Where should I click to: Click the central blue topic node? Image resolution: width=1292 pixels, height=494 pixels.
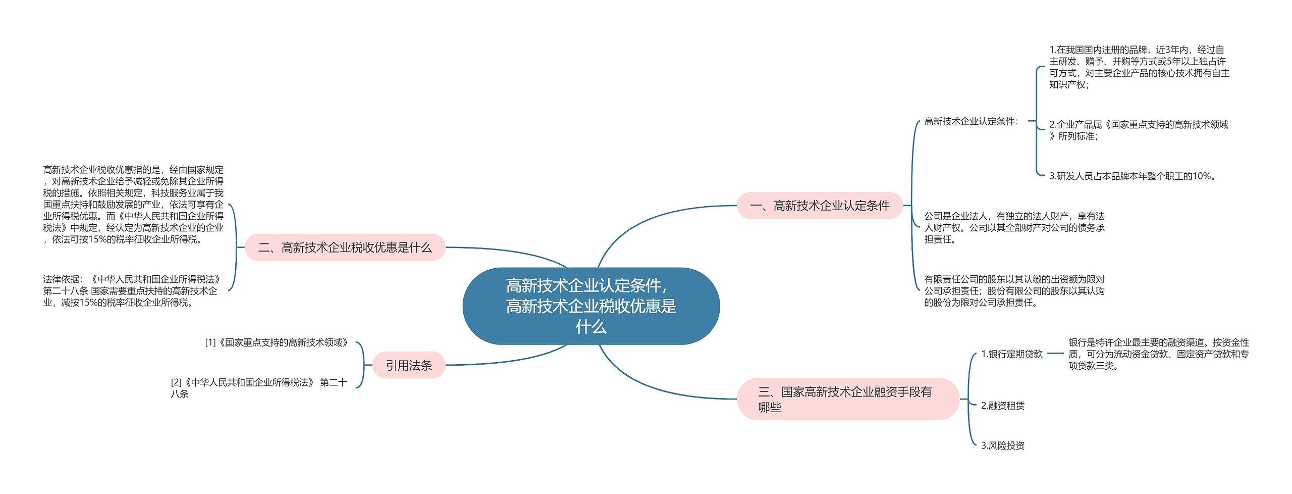point(591,306)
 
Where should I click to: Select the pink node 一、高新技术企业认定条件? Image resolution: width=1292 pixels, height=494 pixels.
point(820,206)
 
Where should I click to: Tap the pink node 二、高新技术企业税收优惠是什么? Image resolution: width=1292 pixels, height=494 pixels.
point(345,248)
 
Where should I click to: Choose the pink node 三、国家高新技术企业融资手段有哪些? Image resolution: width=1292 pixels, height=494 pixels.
point(848,399)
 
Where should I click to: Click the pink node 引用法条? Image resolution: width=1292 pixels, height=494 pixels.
point(409,365)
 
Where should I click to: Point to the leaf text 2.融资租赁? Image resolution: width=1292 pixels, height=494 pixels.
point(1003,406)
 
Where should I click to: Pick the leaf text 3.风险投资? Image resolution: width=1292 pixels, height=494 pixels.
point(1003,446)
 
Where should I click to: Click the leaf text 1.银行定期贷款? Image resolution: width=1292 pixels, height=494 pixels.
point(1012,354)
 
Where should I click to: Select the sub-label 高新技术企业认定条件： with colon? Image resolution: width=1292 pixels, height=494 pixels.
point(972,121)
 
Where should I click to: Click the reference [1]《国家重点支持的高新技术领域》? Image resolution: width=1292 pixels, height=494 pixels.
point(277,342)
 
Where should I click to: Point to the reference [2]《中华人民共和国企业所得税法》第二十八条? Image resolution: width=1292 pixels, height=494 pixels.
point(259,388)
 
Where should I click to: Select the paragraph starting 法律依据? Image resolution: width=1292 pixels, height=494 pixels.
point(132,291)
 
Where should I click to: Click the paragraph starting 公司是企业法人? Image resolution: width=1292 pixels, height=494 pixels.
point(1014,228)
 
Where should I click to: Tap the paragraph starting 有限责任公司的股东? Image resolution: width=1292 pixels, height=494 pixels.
point(1014,291)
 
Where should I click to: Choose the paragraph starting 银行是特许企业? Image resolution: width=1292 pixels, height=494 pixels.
point(1159,354)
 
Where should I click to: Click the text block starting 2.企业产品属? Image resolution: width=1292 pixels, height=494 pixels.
point(1139,130)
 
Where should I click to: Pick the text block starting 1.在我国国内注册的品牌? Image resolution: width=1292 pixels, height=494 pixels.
point(1140,67)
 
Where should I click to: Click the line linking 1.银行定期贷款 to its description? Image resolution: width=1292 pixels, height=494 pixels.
point(1055,354)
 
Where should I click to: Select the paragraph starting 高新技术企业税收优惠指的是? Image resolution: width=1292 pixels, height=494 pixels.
point(133,205)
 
